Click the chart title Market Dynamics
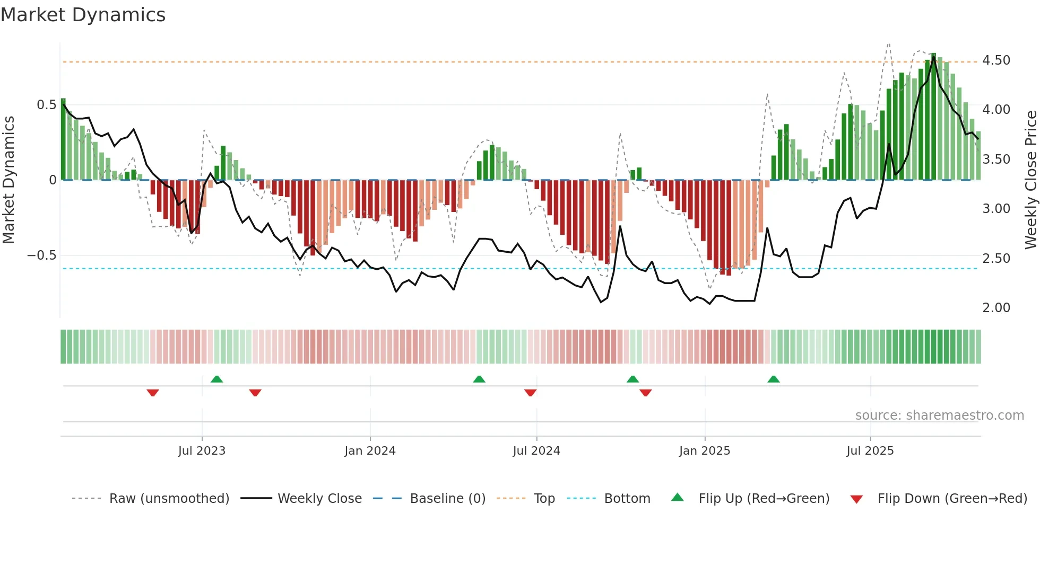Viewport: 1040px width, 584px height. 83,15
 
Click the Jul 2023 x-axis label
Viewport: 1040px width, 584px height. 202,451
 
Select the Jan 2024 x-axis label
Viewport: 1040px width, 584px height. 370,451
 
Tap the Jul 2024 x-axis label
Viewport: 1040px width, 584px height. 536,451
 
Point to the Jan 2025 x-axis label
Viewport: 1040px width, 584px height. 704,451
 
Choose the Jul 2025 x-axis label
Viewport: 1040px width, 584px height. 870,451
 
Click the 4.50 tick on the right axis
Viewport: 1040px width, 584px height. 996,60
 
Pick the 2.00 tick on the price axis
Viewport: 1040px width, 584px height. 996,308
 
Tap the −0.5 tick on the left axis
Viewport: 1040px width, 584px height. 41,255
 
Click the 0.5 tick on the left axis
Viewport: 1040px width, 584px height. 46,105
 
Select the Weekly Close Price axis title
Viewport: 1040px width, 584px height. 1030,180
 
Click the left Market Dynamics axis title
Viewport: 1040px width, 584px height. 9,180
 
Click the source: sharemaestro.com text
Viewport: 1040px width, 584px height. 939,415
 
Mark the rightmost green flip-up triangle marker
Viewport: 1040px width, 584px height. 773,379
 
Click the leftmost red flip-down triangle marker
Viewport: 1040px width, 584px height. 153,393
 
